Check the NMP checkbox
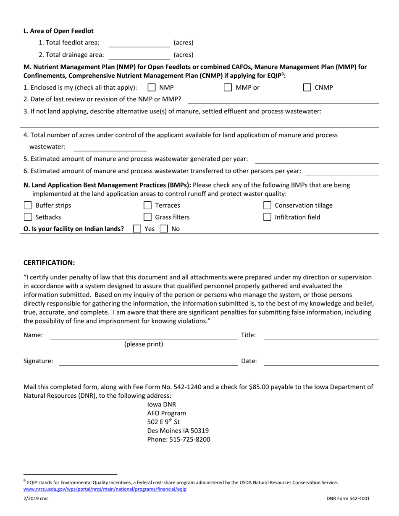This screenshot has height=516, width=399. (152, 88)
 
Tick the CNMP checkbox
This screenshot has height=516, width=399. (307, 88)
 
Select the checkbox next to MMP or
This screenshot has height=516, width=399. (228, 88)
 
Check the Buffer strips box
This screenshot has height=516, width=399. (28, 206)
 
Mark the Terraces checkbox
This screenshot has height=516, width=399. (148, 206)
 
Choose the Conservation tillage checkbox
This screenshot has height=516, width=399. (267, 206)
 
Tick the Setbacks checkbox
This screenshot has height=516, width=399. (28, 217)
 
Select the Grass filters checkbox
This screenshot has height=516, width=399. (148, 217)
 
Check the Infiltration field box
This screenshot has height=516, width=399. (267, 217)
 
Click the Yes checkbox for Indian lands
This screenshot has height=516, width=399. (137, 229)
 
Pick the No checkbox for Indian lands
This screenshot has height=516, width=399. (164, 229)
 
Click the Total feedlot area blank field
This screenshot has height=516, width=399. (139, 43)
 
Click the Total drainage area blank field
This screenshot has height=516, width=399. (139, 55)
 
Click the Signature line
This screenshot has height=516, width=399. (148, 361)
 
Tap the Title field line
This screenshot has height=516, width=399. (321, 335)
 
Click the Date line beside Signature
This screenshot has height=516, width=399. (321, 361)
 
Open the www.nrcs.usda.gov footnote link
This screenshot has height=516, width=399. (105, 489)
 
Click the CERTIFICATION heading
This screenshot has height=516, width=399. (49, 263)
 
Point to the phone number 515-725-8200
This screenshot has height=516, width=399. (178, 440)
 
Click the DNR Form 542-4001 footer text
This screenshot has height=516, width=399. (348, 499)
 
